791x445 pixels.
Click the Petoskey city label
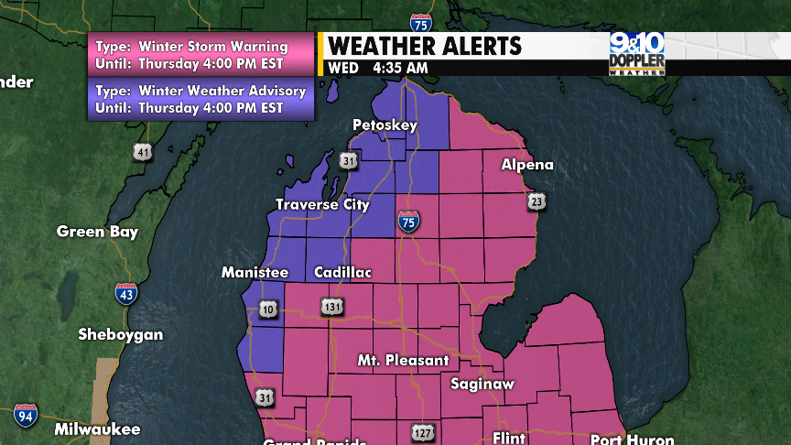pos(385,125)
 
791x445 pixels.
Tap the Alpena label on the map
pos(526,165)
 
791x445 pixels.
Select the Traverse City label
pos(322,204)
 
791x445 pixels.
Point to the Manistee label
pos(255,273)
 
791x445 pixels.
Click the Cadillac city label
pos(342,273)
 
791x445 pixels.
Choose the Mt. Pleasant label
pos(403,360)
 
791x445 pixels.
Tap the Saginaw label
pos(482,384)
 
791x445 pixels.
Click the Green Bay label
pos(97,232)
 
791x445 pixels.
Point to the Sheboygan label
pos(121,334)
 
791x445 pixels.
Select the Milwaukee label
pos(97,429)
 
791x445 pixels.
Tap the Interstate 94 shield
pos(25,415)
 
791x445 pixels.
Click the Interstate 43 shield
pos(126,294)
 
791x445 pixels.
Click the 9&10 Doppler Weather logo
pos(637,54)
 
